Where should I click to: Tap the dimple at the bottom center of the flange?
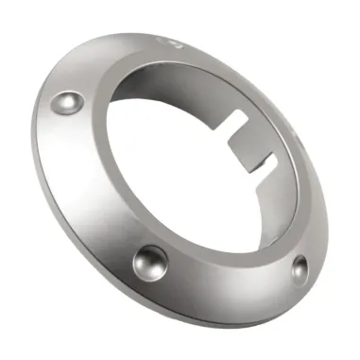click(150, 259)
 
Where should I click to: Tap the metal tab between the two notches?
click(247, 143)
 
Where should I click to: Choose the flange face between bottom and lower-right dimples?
click(227, 283)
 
